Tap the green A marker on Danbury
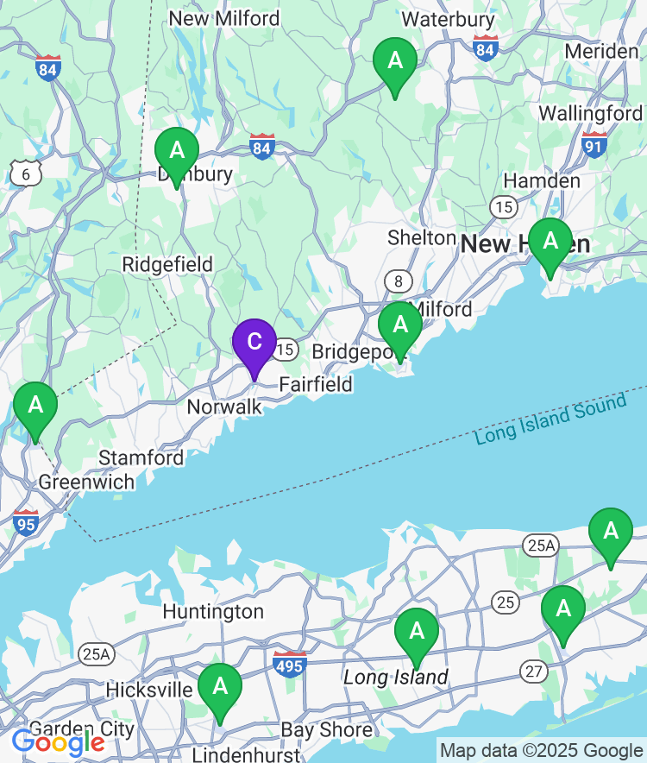click(177, 152)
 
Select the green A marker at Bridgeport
click(400, 326)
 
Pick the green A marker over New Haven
click(550, 243)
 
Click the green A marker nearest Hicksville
click(220, 688)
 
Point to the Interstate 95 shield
click(26, 522)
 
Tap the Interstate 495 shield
click(290, 664)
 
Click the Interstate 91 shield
click(594, 144)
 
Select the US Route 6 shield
click(26, 175)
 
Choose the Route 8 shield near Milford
click(399, 281)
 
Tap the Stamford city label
click(141, 457)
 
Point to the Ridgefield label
click(167, 264)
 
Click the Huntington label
click(213, 612)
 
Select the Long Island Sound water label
click(550, 419)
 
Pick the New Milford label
click(224, 18)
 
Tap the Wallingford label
click(590, 113)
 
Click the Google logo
click(58, 741)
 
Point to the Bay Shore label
click(327, 730)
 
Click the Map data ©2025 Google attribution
click(542, 751)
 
